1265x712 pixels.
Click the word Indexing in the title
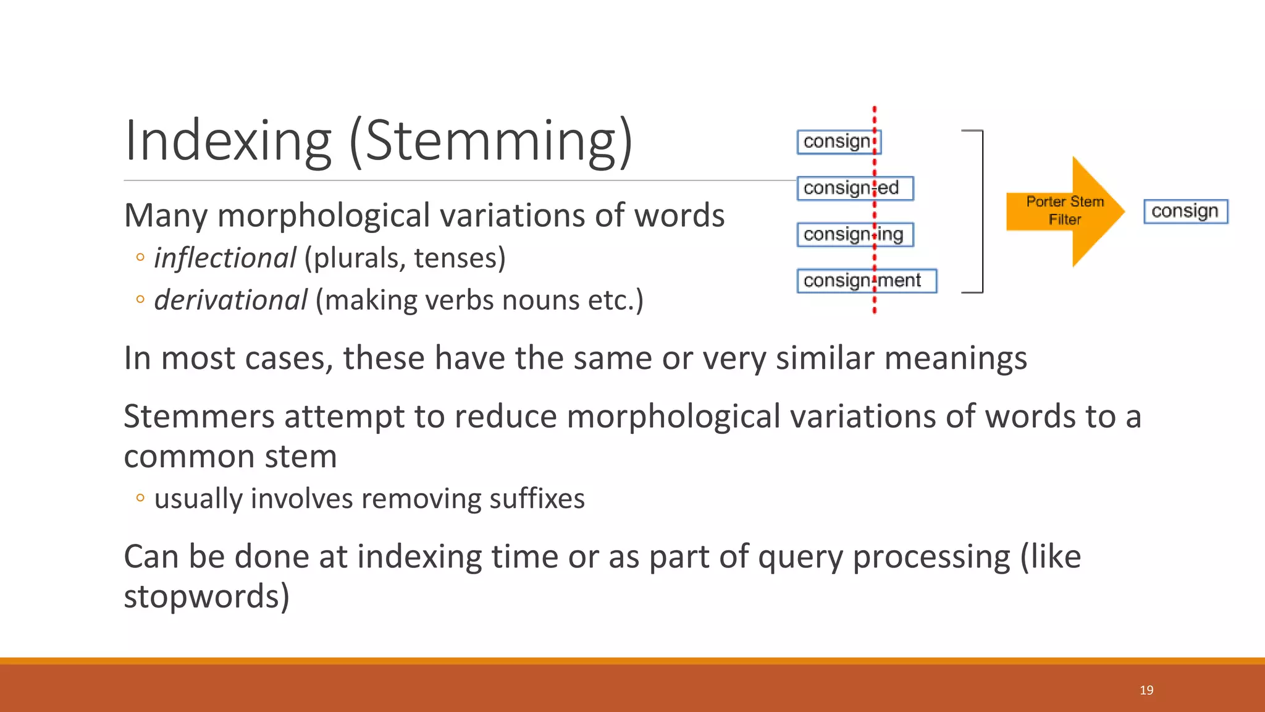[228, 142]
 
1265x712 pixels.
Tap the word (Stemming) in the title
[491, 142]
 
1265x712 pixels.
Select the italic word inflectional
[225, 258]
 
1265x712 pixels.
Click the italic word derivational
[230, 300]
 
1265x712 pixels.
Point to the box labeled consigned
[855, 189]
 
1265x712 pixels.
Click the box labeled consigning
[855, 235]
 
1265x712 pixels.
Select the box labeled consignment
[866, 281]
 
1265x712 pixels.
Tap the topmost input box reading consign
[838, 142]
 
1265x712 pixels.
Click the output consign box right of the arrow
[1185, 211]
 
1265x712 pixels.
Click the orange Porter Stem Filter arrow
[1065, 211]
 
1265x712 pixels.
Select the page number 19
[1146, 690]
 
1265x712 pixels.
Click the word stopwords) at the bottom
[206, 596]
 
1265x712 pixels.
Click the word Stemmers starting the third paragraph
[199, 417]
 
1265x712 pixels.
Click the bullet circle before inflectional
[140, 258]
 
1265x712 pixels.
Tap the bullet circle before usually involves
[140, 498]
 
